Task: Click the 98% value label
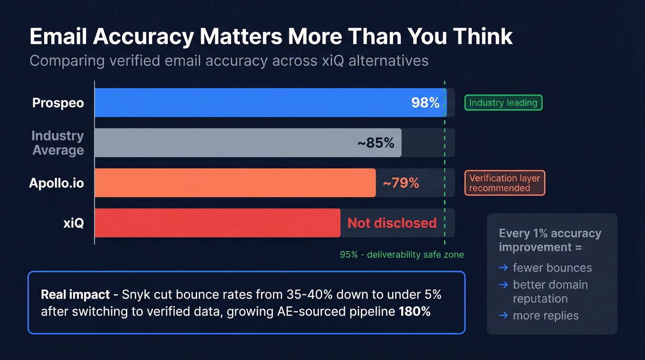pos(425,102)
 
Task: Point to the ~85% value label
pos(375,143)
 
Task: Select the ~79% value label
pos(401,183)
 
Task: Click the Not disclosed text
pos(392,223)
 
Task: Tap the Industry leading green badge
pos(503,102)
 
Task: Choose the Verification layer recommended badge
pos(504,183)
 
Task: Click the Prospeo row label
pos(58,102)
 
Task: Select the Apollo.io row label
pos(56,183)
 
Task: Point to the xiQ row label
pos(73,223)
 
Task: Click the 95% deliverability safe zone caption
pos(402,254)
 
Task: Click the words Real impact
pos(75,295)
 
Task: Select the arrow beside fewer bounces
pos(504,268)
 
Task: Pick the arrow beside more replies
pos(504,316)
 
